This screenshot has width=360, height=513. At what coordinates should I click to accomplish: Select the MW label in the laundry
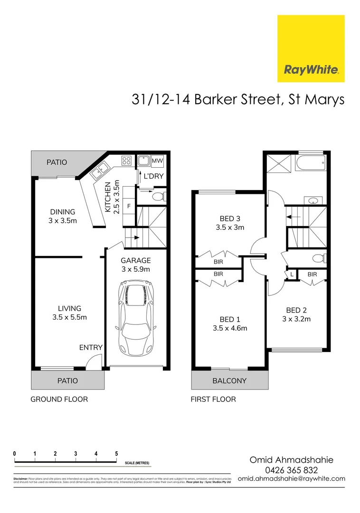click(157, 161)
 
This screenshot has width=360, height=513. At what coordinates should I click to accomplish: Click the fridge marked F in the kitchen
click(128, 207)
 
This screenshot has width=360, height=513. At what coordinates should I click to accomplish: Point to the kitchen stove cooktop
click(127, 161)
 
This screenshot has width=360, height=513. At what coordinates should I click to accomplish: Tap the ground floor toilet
click(159, 195)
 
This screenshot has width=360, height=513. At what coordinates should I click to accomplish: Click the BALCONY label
click(230, 380)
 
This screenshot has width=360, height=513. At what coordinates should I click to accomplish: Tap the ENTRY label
click(91, 347)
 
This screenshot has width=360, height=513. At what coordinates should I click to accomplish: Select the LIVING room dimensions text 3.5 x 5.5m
click(70, 317)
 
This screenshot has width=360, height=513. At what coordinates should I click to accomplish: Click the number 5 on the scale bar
click(116, 454)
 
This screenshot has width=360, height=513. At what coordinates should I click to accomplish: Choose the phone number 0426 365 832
click(291, 470)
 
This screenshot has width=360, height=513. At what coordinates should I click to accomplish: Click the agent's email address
click(291, 479)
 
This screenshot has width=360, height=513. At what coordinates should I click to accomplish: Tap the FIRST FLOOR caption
click(213, 399)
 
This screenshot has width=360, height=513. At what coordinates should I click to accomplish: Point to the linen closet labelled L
click(291, 275)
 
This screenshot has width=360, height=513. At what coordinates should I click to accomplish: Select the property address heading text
click(237, 100)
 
